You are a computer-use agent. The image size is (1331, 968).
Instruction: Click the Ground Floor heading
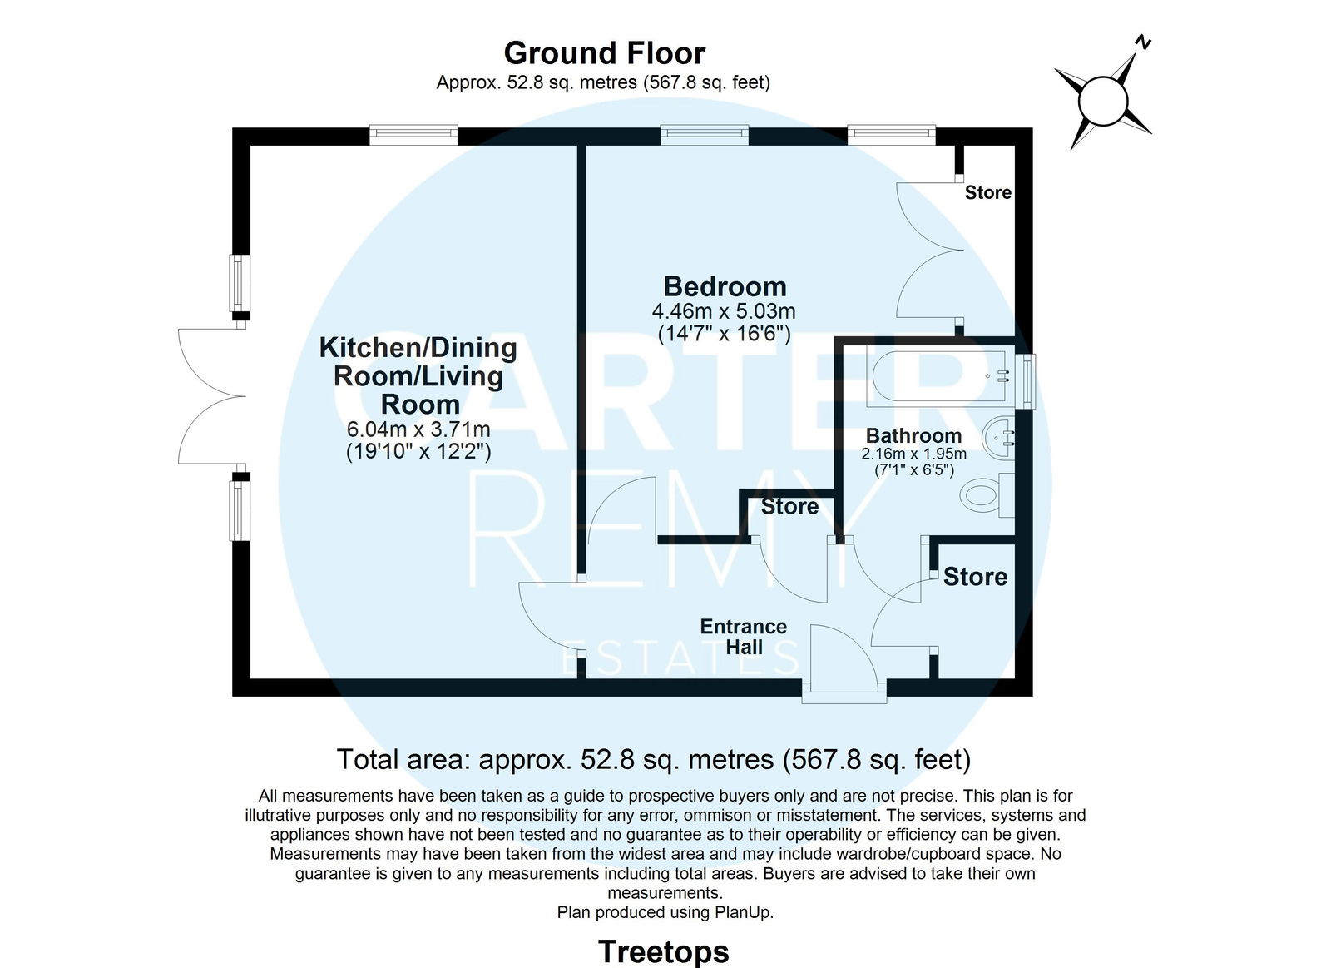(604, 53)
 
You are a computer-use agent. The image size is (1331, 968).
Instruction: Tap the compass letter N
(1143, 42)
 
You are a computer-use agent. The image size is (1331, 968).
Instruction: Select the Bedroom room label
(725, 286)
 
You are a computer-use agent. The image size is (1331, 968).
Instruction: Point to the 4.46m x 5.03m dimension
(724, 311)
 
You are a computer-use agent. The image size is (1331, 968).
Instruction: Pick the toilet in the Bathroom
(987, 494)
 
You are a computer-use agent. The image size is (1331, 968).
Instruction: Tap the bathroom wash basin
(998, 438)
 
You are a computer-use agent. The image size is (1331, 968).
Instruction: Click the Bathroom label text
(913, 436)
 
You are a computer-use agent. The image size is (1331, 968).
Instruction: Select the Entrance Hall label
(744, 636)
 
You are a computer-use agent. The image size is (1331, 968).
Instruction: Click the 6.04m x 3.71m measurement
(418, 429)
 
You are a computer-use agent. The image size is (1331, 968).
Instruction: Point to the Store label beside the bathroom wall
(789, 507)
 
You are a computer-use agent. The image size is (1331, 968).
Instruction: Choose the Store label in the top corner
(988, 192)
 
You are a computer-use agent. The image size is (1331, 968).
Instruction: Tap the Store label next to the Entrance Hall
(975, 577)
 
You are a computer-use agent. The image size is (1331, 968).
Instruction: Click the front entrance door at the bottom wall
(844, 659)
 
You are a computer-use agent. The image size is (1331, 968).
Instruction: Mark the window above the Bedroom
(704, 134)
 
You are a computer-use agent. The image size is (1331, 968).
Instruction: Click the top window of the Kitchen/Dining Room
(413, 134)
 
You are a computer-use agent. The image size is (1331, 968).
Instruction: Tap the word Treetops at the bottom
(664, 951)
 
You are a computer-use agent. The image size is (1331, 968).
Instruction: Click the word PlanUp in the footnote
(743, 912)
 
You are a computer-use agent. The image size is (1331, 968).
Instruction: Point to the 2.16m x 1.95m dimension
(914, 454)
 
